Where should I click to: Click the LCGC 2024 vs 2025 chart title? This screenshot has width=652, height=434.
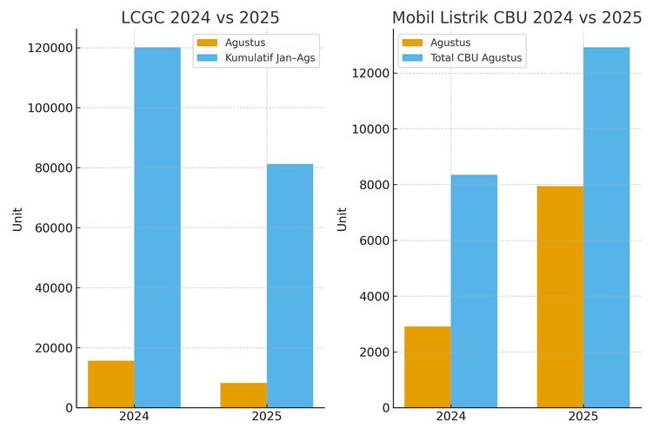pyautogui.click(x=200, y=17)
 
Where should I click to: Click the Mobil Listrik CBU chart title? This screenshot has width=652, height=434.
pyautogui.click(x=516, y=17)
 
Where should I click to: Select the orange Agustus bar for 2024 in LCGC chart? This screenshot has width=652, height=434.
pyautogui.click(x=111, y=384)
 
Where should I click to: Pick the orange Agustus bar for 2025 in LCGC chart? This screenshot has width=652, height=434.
pyautogui.click(x=243, y=395)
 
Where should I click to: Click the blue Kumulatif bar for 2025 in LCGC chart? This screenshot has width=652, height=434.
pyautogui.click(x=289, y=286)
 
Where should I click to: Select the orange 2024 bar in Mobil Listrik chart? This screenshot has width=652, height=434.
pyautogui.click(x=428, y=366)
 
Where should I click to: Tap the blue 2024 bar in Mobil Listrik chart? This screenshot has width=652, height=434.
pyautogui.click(x=474, y=291)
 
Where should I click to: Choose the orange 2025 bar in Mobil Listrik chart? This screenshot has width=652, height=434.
pyautogui.click(x=560, y=297)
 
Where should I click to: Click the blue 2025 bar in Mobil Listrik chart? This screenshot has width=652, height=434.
pyautogui.click(x=606, y=227)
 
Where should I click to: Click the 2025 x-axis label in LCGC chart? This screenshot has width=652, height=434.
pyautogui.click(x=266, y=418)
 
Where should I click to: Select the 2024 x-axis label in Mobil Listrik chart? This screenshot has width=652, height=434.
pyautogui.click(x=450, y=418)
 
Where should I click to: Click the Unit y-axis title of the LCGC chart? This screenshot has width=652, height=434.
pyautogui.click(x=18, y=218)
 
